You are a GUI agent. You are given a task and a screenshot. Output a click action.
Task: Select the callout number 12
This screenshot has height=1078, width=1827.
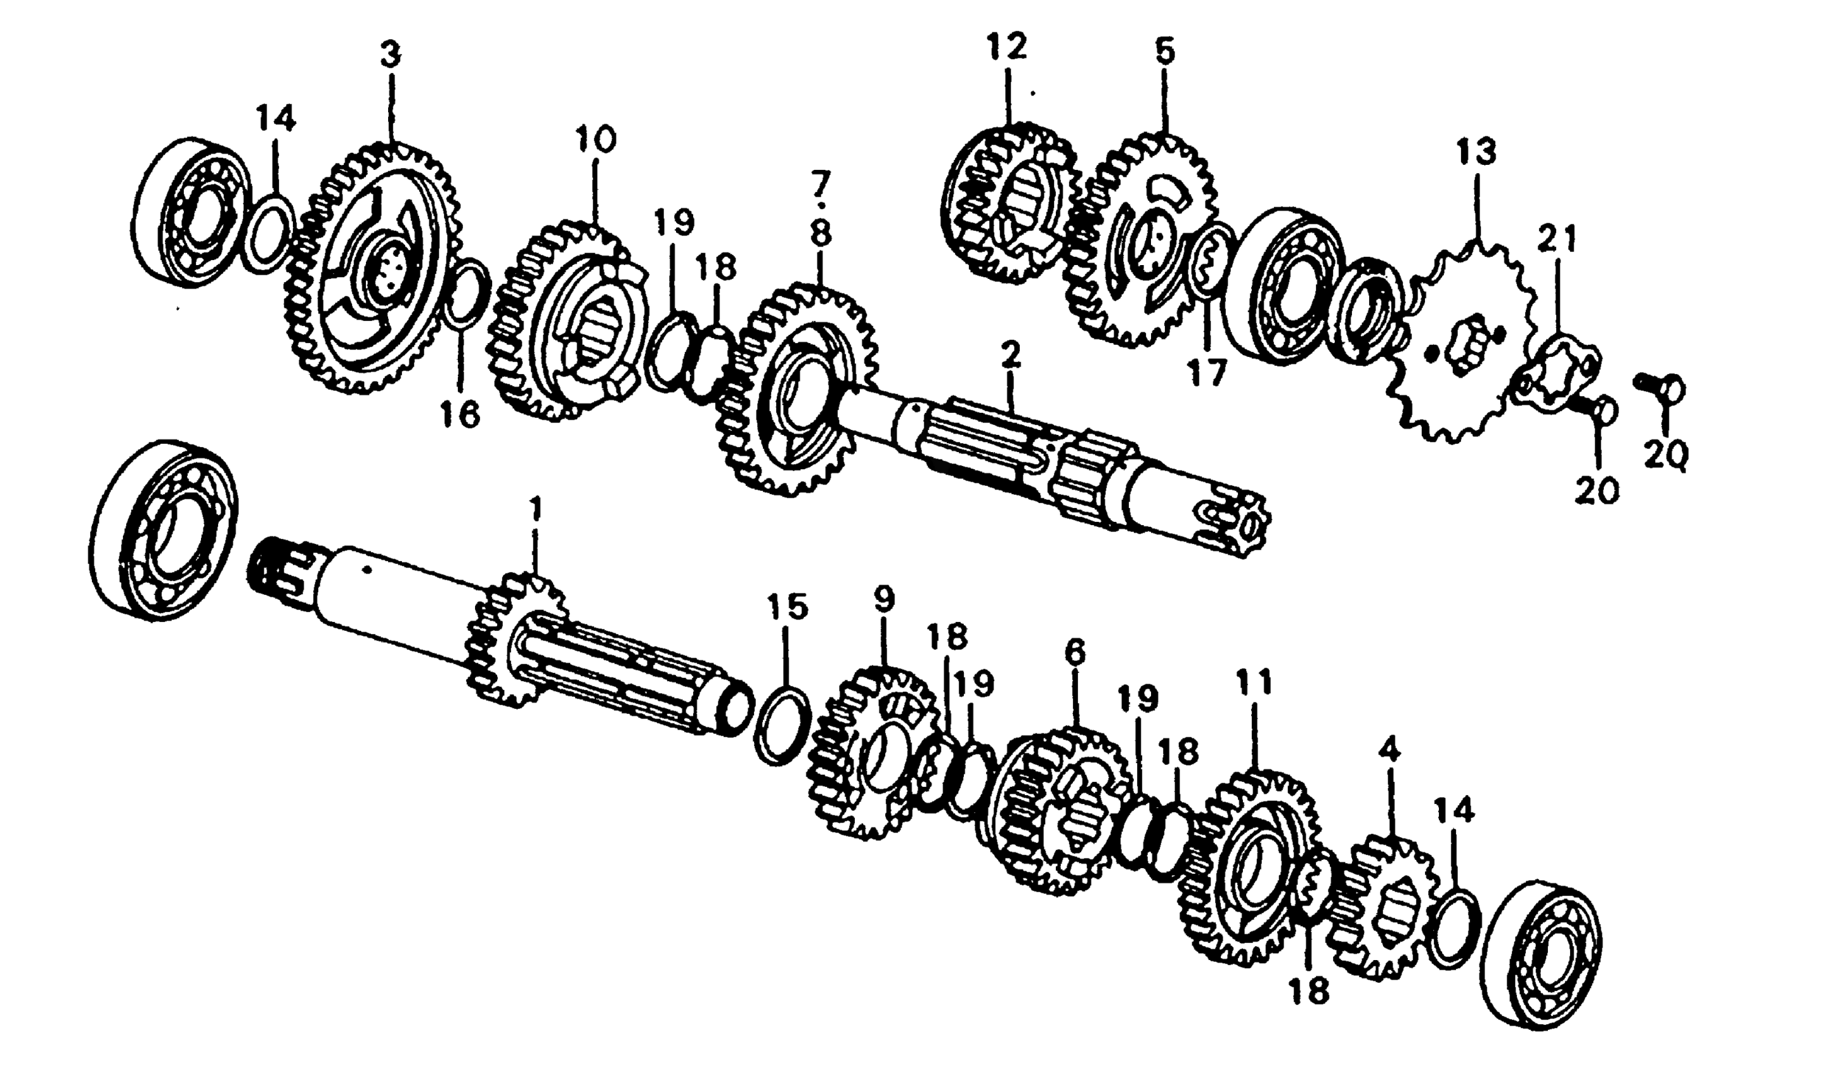tap(1007, 47)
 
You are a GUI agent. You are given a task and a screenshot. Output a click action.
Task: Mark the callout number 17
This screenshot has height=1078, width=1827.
tap(1207, 375)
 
